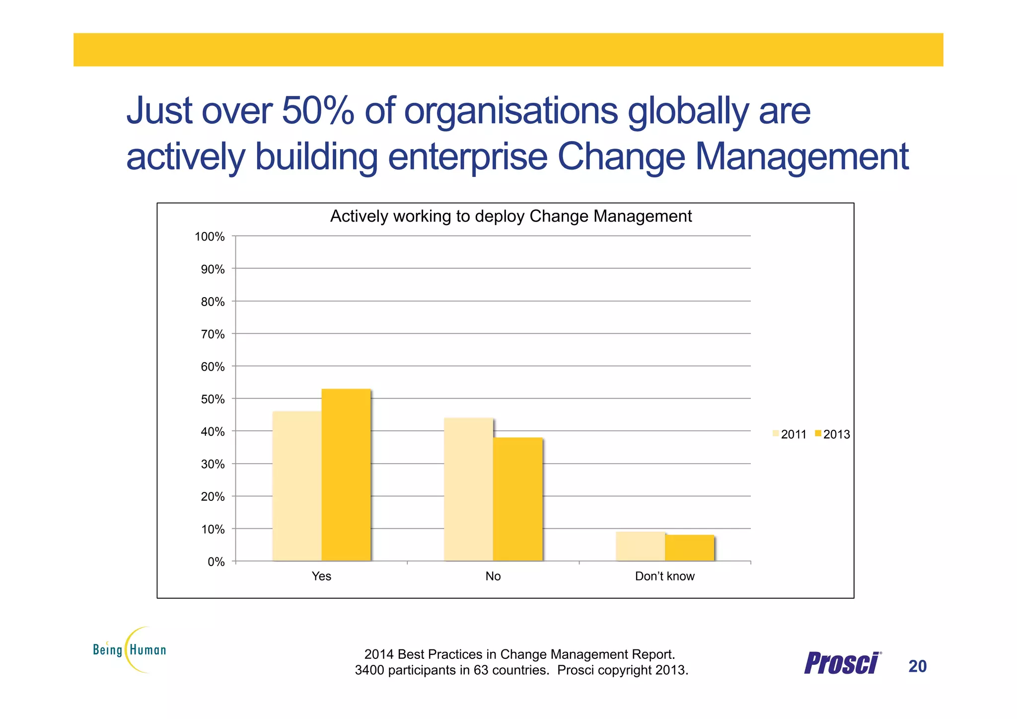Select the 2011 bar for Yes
297,486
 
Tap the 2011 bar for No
468,489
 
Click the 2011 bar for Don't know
640,546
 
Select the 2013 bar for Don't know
689,548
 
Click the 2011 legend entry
789,434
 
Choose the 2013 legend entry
832,434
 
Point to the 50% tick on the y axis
213,399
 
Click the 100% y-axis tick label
210,237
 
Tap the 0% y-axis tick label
216,562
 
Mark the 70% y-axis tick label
213,334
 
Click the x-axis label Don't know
664,576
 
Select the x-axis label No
493,576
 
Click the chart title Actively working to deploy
510,217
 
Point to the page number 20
917,666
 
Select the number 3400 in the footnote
369,670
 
